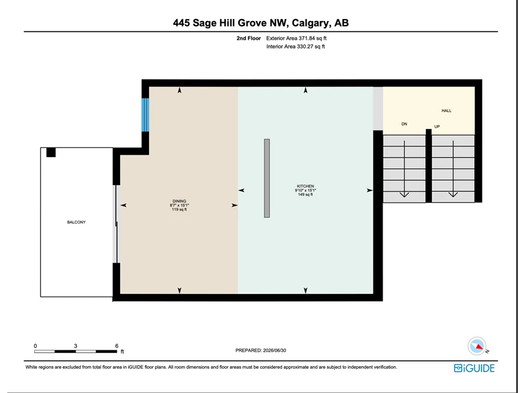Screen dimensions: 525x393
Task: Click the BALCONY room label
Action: click(x=76, y=222)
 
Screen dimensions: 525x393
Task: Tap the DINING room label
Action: click(x=179, y=201)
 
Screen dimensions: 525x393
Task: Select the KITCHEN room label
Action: click(x=305, y=186)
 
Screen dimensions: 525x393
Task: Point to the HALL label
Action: click(x=446, y=111)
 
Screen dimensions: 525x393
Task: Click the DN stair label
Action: click(x=404, y=124)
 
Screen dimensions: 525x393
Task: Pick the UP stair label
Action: click(x=437, y=126)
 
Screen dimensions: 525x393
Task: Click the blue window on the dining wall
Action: click(x=145, y=115)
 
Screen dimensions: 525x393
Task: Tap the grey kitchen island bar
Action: click(x=267, y=178)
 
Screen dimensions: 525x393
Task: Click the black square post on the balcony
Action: click(x=51, y=153)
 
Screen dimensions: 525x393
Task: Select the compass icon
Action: click(x=477, y=346)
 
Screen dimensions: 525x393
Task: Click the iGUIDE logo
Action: click(x=474, y=368)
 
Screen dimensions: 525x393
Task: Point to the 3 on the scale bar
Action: click(x=75, y=346)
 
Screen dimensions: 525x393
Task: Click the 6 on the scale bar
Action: click(x=117, y=346)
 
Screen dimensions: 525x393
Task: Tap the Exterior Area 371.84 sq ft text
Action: click(x=297, y=39)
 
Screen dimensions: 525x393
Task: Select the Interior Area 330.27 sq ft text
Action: click(x=296, y=47)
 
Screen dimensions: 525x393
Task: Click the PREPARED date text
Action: click(x=261, y=350)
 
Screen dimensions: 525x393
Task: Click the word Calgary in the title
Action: click(x=310, y=23)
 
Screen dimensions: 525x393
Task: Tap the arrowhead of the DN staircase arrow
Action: click(x=404, y=195)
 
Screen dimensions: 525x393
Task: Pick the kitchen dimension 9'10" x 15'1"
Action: click(x=305, y=190)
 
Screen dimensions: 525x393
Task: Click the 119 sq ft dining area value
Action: click(x=179, y=210)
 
